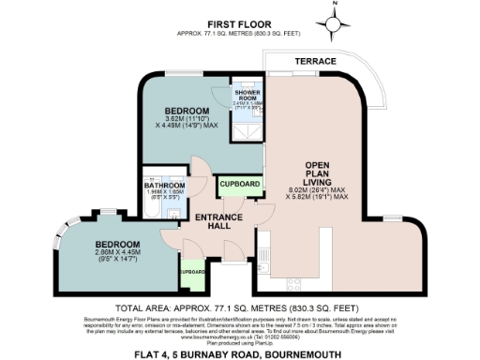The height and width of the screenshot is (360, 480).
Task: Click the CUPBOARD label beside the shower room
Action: pyautogui.click(x=237, y=186)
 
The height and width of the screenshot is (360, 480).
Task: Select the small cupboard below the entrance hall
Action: pyautogui.click(x=191, y=271)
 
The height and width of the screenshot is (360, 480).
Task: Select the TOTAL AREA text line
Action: pyautogui.click(x=239, y=307)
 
